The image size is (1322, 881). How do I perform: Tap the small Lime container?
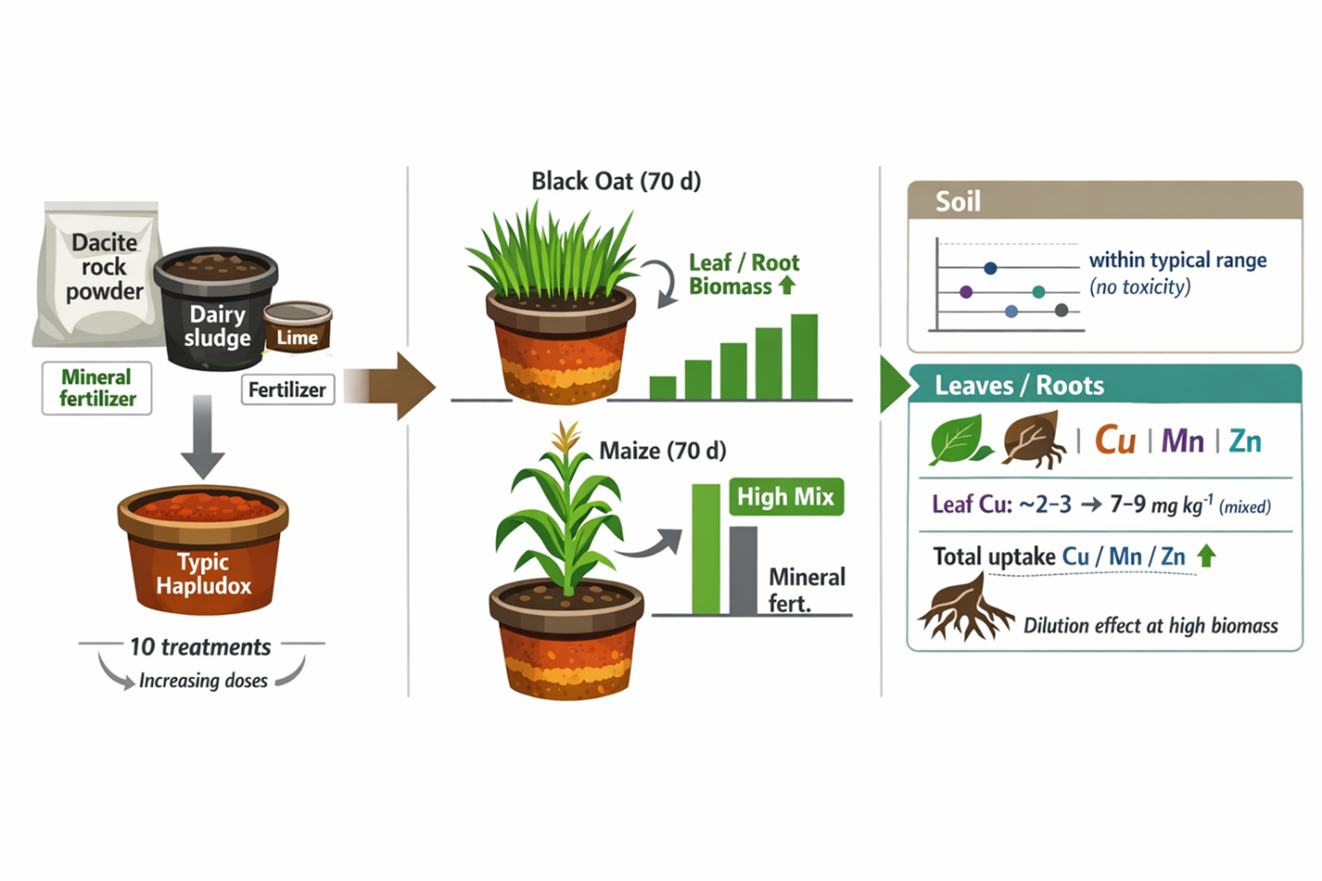click(x=297, y=327)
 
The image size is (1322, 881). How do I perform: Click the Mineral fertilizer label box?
click(x=97, y=388)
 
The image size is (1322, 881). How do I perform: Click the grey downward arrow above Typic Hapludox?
click(x=202, y=435)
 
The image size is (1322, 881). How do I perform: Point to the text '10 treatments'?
click(x=200, y=646)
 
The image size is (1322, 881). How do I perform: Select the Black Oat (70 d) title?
click(x=615, y=181)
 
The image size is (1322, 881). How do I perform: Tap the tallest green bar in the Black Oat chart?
click(x=804, y=356)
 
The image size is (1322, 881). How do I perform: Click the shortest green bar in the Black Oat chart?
click(x=662, y=387)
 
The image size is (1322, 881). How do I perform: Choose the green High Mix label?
click(x=785, y=497)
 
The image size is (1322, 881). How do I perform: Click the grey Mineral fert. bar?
click(x=743, y=570)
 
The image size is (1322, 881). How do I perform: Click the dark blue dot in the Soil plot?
click(x=990, y=269)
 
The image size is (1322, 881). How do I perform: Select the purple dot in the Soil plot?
click(x=966, y=292)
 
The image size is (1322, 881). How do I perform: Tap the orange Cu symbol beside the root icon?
click(x=1114, y=440)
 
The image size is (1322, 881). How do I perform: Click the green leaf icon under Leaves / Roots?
click(x=958, y=440)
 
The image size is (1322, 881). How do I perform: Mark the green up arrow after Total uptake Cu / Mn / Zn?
click(x=1207, y=556)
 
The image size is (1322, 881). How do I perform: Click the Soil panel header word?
click(x=958, y=201)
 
